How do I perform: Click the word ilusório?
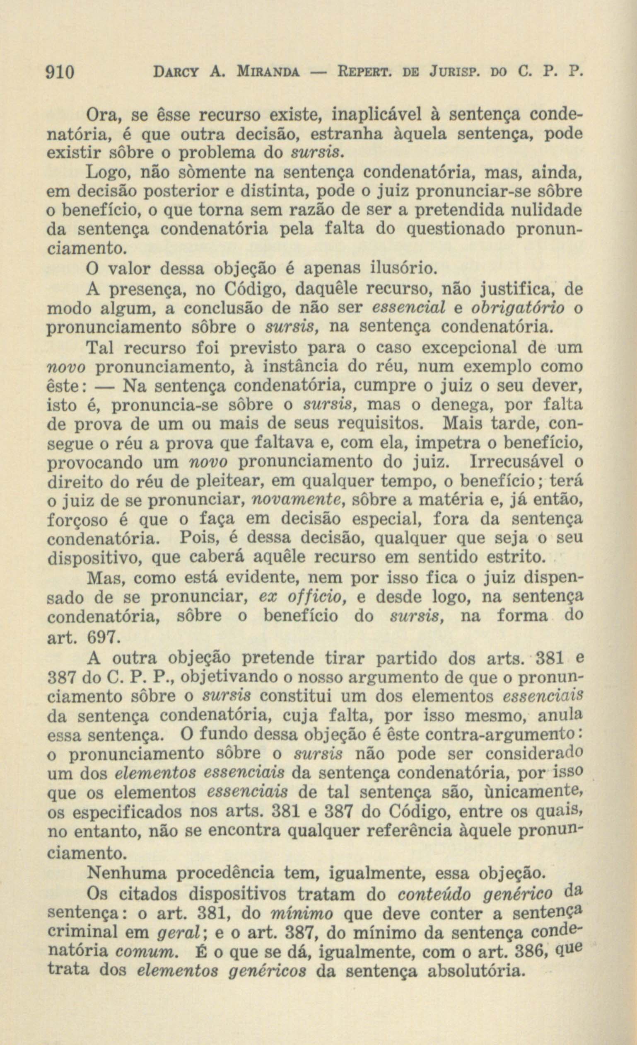403,269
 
